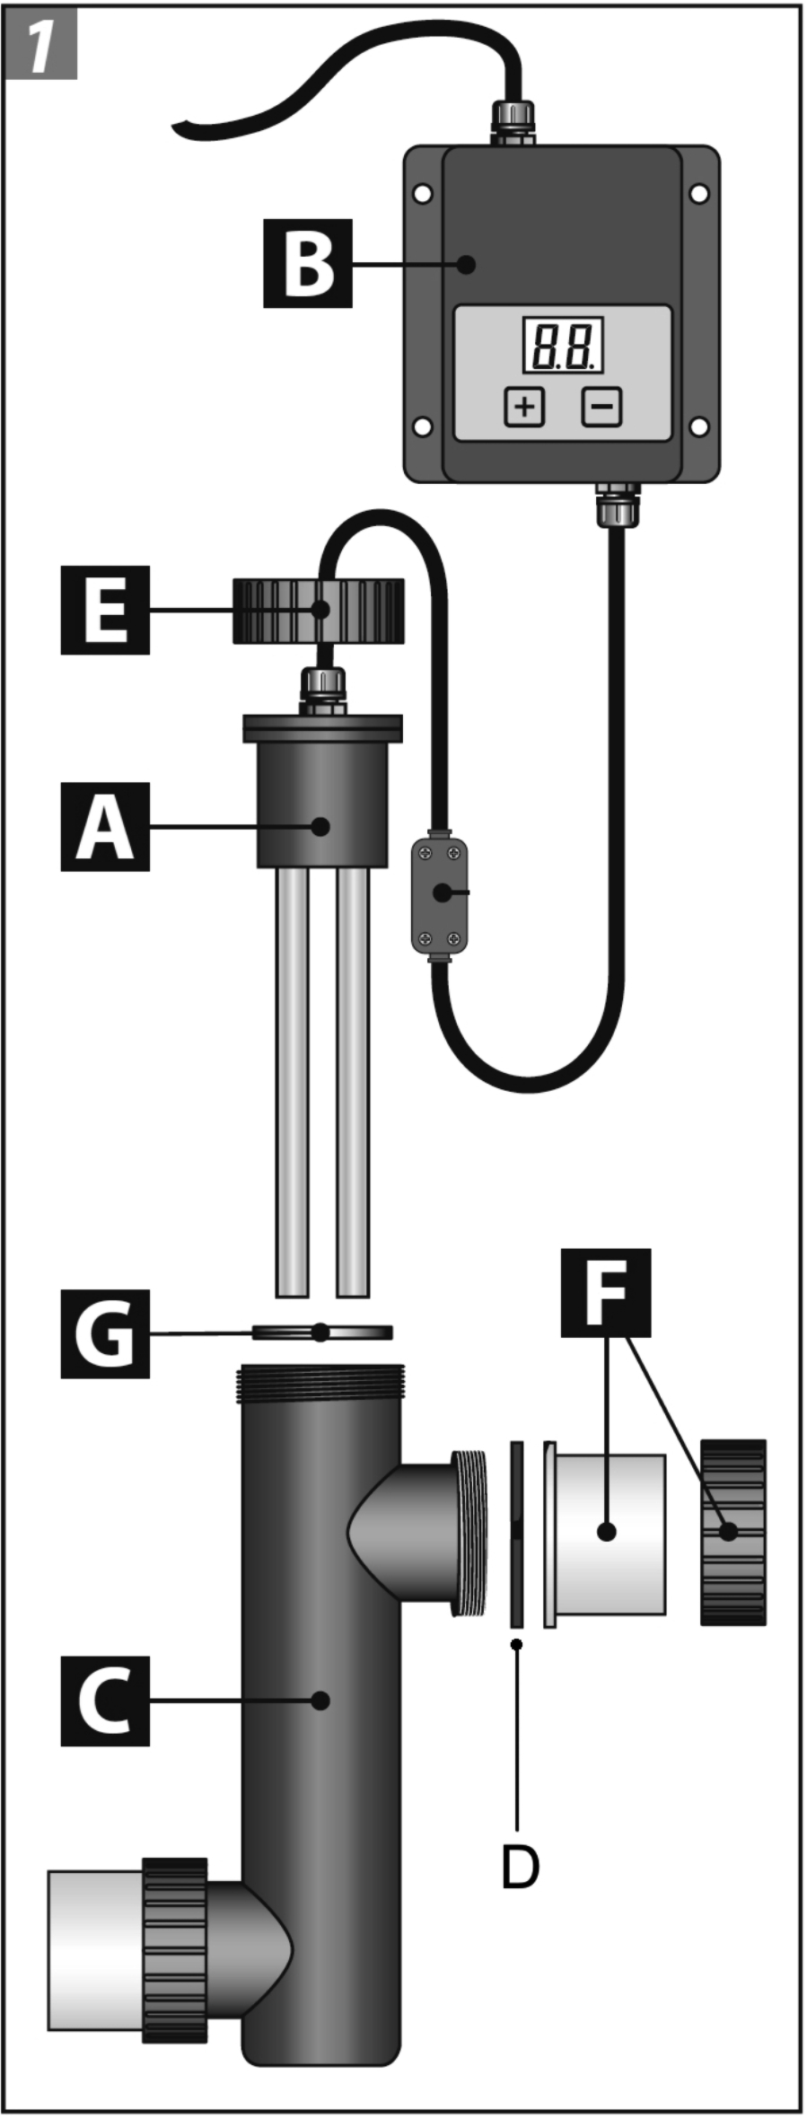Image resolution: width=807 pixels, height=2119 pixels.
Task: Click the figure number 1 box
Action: pyautogui.click(x=40, y=44)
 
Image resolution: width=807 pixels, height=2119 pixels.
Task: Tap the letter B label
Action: pyautogui.click(x=307, y=263)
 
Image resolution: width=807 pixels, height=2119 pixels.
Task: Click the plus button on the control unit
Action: pyautogui.click(x=524, y=407)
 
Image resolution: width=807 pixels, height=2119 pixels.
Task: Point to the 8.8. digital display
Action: pyautogui.click(x=563, y=345)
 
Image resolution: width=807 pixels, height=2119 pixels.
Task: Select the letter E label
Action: pyautogui.click(x=105, y=610)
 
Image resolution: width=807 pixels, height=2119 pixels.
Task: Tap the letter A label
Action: pyautogui.click(x=105, y=826)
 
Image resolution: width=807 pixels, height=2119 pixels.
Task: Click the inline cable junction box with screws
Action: pyautogui.click(x=440, y=894)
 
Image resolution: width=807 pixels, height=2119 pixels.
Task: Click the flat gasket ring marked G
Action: pyautogui.click(x=321, y=1332)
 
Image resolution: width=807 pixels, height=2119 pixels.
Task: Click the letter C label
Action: pyautogui.click(x=105, y=1701)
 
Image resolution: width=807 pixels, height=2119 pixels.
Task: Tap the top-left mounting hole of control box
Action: pyautogui.click(x=423, y=193)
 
